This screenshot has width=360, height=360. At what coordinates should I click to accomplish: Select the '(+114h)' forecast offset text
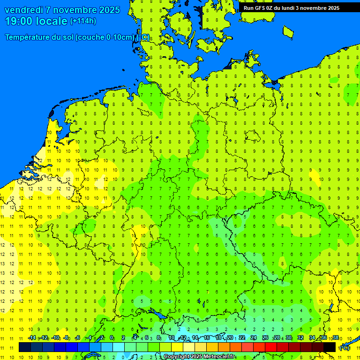coord(83,21)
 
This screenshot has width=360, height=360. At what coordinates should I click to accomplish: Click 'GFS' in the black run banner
coord(262,7)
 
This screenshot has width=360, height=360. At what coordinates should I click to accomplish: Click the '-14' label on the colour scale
coord(32,338)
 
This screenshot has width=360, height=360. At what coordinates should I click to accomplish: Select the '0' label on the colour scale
coord(112,338)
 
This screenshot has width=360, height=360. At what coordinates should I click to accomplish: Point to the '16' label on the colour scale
coord(206,338)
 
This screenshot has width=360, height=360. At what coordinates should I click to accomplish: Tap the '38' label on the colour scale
coord(335,338)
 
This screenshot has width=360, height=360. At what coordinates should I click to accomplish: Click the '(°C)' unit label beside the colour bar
coord(345,347)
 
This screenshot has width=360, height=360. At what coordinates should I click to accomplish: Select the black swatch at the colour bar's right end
coord(330,347)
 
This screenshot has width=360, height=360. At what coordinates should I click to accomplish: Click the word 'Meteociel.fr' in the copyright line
coord(219,357)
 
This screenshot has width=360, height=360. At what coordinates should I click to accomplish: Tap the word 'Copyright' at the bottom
coord(176,357)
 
